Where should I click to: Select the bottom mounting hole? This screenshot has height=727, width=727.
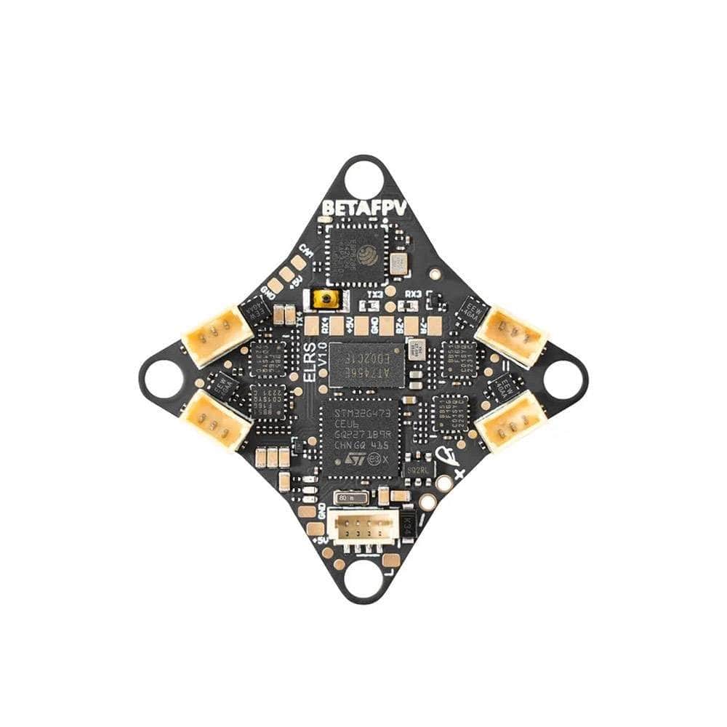pyautogui.click(x=363, y=580)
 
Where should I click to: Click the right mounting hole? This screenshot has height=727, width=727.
pyautogui.click(x=566, y=379)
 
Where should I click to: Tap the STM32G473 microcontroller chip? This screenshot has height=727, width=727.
pyautogui.click(x=360, y=436)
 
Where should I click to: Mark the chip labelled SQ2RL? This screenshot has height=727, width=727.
pyautogui.click(x=420, y=468)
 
